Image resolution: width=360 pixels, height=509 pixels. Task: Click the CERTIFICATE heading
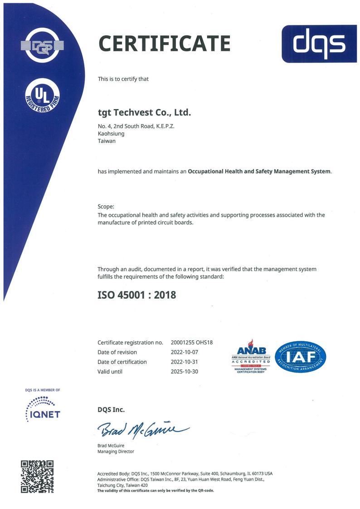(164, 44)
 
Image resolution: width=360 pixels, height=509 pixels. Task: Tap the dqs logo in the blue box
(319, 44)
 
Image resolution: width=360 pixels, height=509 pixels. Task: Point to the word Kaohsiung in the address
(111, 134)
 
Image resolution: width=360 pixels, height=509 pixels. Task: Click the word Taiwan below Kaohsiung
(107, 141)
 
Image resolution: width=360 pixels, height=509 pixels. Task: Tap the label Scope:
(106, 207)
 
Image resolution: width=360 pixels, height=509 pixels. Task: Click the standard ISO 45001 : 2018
(136, 295)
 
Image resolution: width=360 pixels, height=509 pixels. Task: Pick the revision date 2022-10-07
(185, 352)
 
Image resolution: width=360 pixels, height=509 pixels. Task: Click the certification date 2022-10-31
(185, 362)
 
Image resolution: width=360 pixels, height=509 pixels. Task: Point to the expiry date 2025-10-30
(185, 372)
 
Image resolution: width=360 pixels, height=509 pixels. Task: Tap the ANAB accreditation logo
(251, 356)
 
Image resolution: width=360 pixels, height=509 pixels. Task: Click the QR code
(37, 476)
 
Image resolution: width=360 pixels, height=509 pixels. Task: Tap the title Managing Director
(116, 451)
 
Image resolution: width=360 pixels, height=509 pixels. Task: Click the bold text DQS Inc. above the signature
(111, 410)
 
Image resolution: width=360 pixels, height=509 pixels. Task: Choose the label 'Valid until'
(110, 372)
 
